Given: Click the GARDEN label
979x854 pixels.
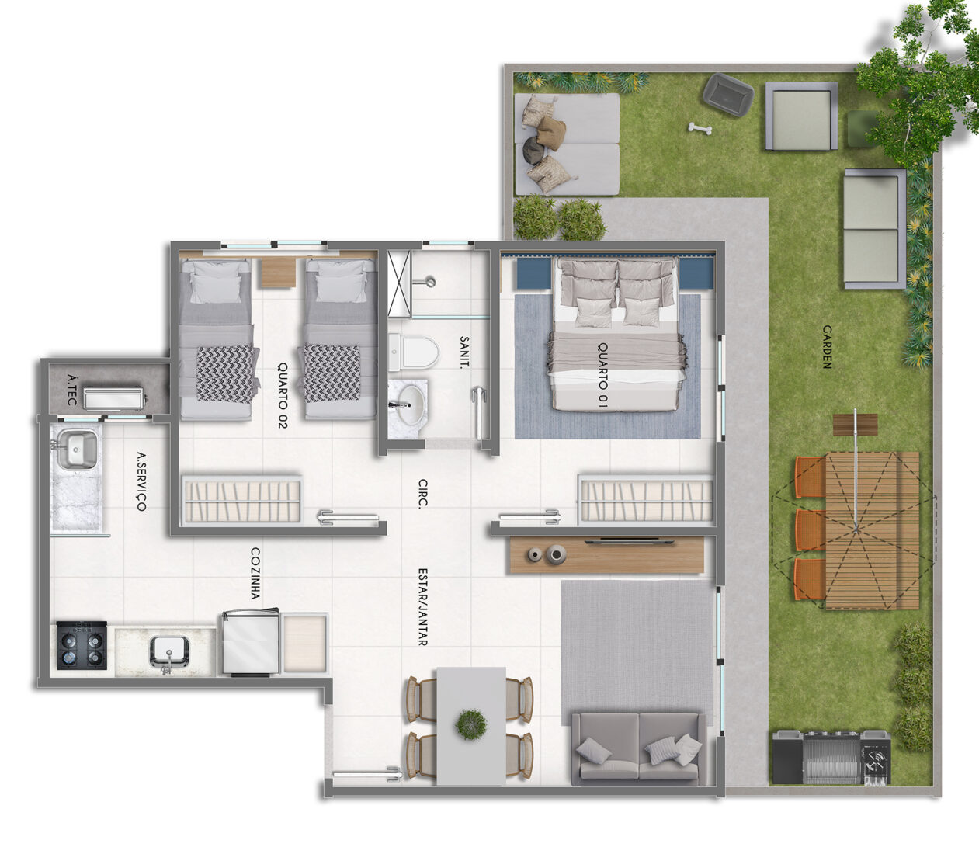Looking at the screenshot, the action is coord(826,347).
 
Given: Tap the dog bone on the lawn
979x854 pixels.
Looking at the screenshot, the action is coord(700,128).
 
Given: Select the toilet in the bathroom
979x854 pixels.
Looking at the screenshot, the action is coord(414,353).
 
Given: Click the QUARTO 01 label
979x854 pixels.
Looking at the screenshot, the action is coord(602,376).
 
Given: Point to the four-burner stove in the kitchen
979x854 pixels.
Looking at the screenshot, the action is coord(82,644).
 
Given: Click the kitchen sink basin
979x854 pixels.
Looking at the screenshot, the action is coord(169,651).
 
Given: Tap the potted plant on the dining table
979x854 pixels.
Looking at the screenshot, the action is coord(471,725).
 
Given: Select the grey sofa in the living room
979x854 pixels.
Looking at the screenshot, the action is coord(638,748).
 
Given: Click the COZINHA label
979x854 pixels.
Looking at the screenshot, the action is coord(255,574).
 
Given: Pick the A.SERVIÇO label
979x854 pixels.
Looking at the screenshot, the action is coord(141,481).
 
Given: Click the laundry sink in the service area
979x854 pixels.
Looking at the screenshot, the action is coord(76,450).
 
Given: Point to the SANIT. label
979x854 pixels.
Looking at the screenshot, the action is coord(463,351).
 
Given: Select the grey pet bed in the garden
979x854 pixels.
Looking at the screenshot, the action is coord(728,95).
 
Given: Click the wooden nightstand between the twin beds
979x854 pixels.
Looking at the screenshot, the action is coord(277,273).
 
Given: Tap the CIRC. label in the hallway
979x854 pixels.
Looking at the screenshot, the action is coord(422,493).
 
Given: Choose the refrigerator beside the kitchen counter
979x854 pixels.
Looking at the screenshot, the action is coord(250,641).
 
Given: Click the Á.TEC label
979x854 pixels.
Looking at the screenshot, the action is coord(71,390).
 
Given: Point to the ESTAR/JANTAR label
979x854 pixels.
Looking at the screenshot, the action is coord(422,606).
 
